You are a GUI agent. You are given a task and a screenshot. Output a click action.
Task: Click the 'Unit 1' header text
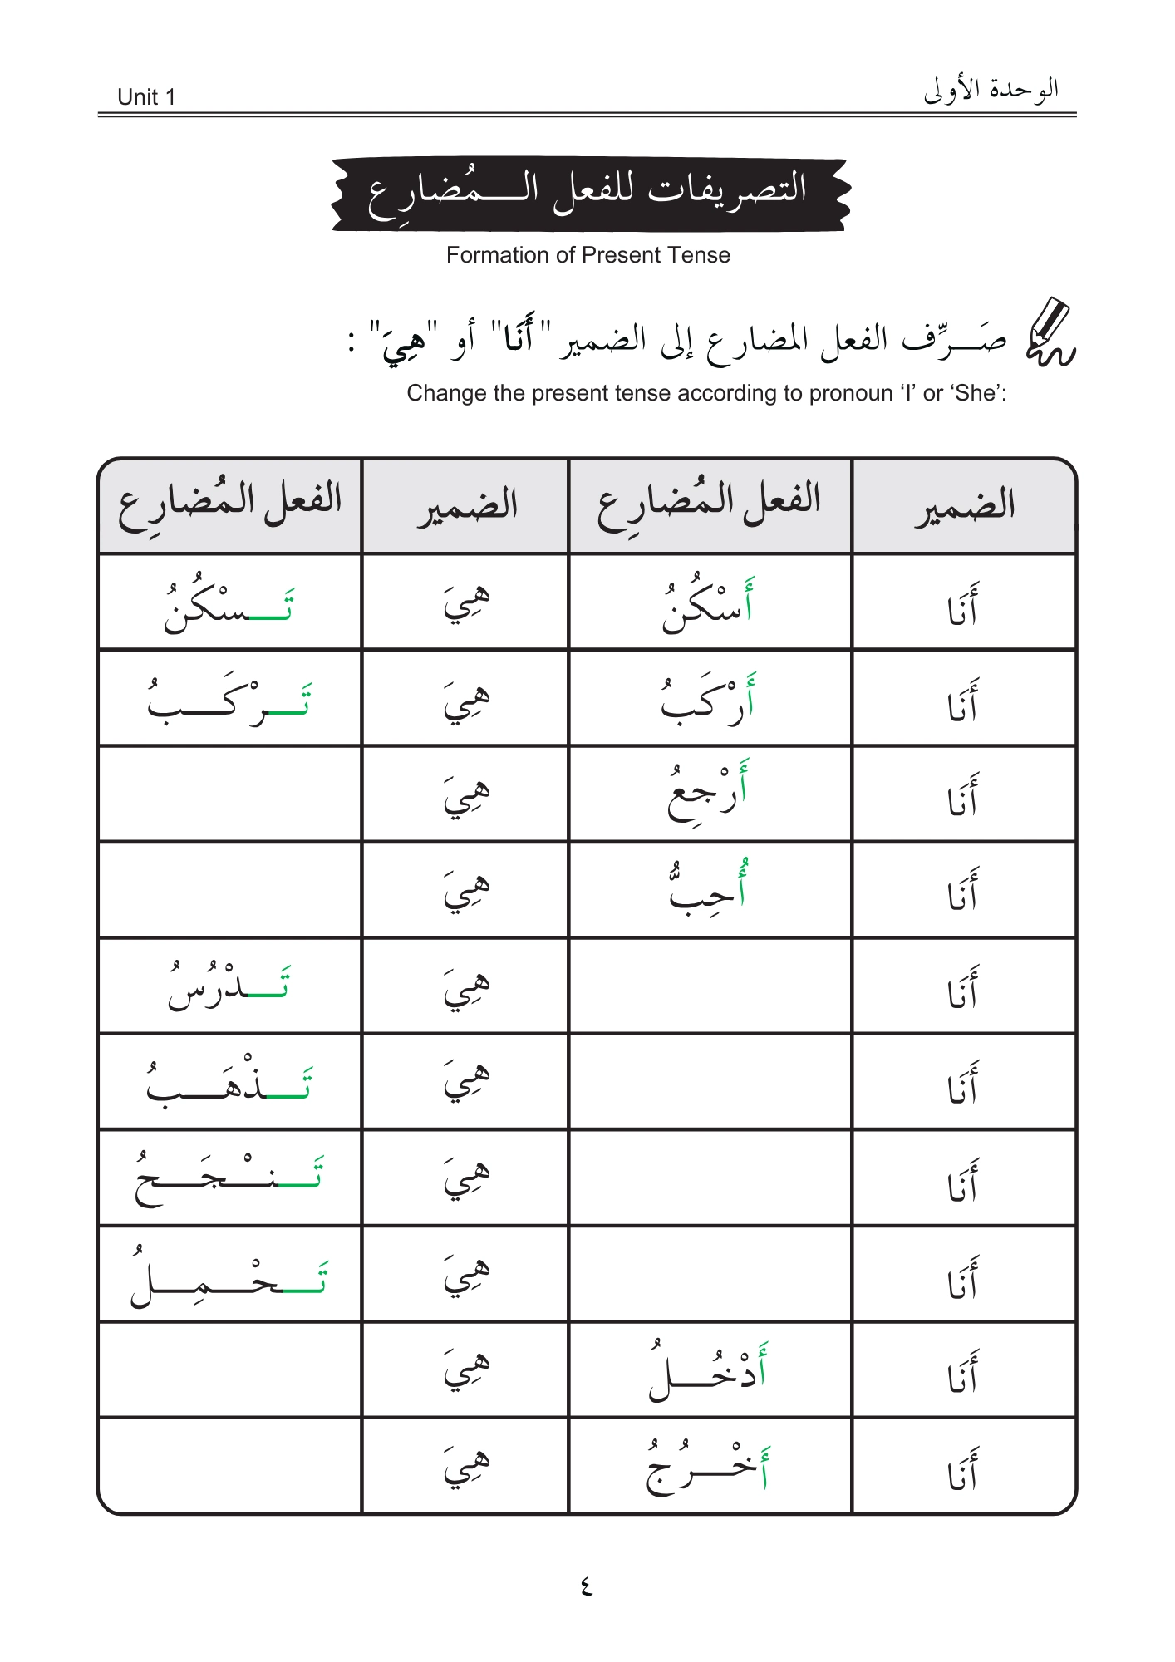tap(146, 97)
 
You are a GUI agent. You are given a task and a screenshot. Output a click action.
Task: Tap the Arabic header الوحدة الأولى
tap(991, 89)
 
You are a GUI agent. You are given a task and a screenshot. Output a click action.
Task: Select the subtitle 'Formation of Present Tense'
tap(587, 255)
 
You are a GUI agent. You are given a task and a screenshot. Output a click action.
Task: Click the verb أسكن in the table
tap(708, 605)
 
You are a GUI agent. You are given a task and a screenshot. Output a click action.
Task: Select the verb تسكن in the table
tap(229, 605)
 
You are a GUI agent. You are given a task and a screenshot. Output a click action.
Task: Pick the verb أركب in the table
tap(708, 700)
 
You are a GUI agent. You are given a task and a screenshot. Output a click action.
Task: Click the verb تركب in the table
tap(229, 700)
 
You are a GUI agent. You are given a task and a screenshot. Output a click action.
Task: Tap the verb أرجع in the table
tap(708, 794)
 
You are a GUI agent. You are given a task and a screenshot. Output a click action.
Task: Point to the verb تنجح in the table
tap(229, 1178)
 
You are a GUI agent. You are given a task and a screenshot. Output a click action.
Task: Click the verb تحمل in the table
tap(229, 1275)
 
